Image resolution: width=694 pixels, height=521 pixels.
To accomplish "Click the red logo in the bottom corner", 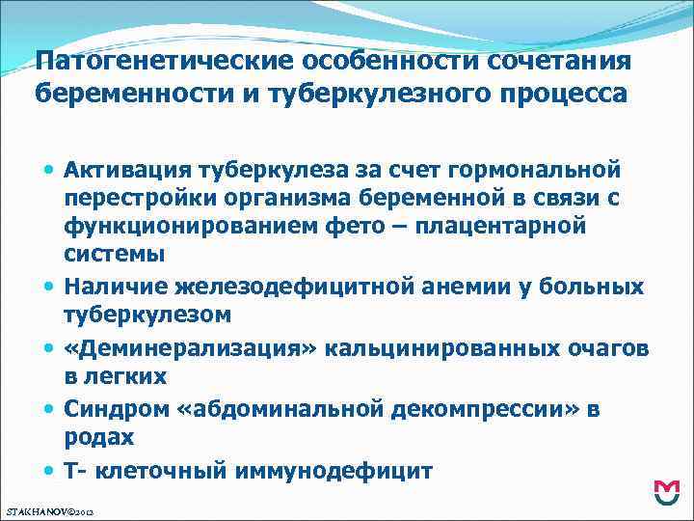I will point(665,492).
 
